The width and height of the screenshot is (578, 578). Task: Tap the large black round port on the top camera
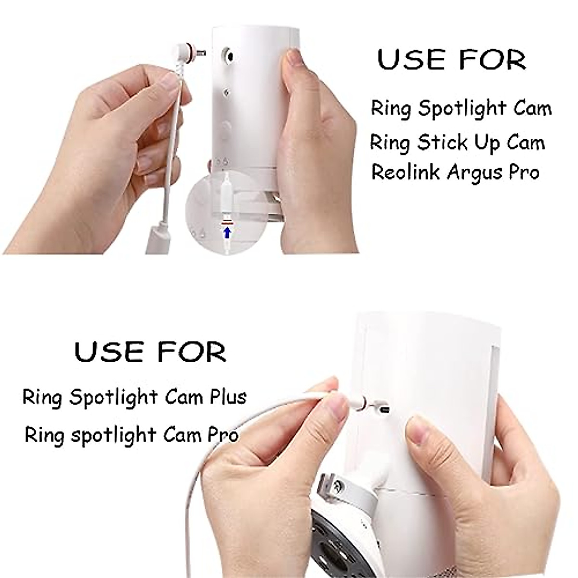228,55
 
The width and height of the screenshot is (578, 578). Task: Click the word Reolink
406,172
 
